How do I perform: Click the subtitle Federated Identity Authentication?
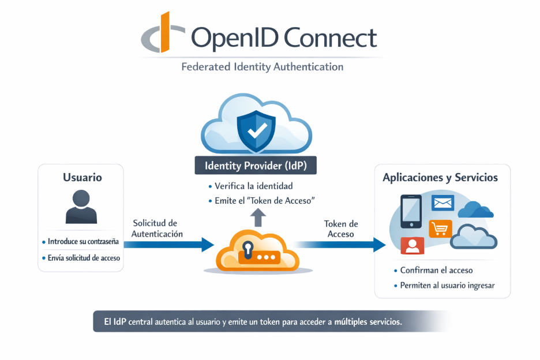click(x=262, y=67)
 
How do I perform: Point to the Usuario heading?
click(x=82, y=178)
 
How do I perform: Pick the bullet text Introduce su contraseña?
click(x=83, y=242)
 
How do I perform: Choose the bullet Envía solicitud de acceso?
click(x=84, y=258)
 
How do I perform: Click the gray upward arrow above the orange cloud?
click(x=258, y=217)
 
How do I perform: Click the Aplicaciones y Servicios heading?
click(x=440, y=178)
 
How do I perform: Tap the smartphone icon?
click(x=411, y=211)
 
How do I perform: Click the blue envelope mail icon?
click(x=443, y=203)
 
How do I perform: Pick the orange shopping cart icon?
click(x=440, y=229)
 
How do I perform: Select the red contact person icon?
click(x=412, y=245)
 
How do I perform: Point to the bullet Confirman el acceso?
click(x=436, y=271)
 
